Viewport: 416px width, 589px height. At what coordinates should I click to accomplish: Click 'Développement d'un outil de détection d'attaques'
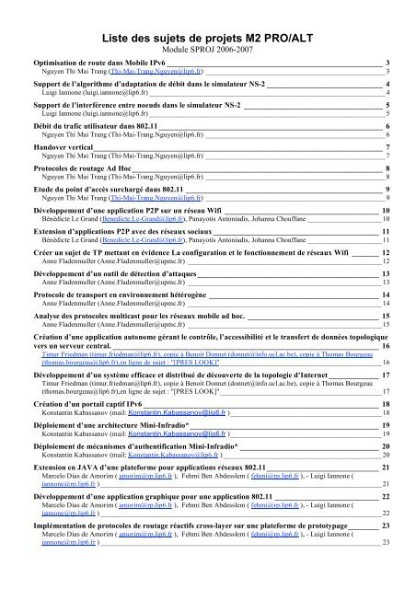point(118,273)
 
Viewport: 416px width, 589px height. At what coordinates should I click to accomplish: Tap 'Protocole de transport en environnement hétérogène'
point(120,294)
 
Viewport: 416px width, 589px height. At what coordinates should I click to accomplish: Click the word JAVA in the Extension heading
point(87,468)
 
